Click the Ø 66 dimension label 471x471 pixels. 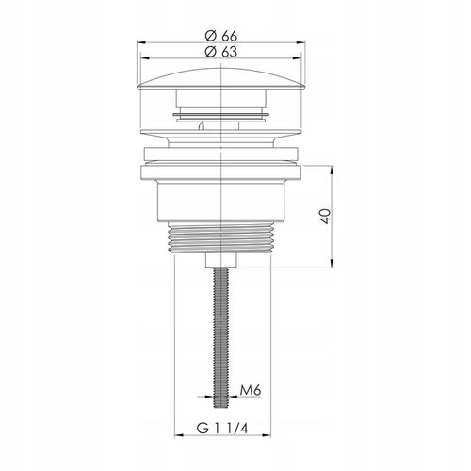click(221, 36)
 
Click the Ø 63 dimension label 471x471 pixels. click(221, 52)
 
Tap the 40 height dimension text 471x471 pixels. click(326, 216)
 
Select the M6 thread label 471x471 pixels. click(251, 391)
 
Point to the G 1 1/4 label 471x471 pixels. click(222, 428)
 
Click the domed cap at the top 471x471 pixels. click(221, 79)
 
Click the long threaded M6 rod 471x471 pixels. click(221, 338)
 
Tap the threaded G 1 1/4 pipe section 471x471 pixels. click(221, 237)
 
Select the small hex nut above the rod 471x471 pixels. click(221, 261)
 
